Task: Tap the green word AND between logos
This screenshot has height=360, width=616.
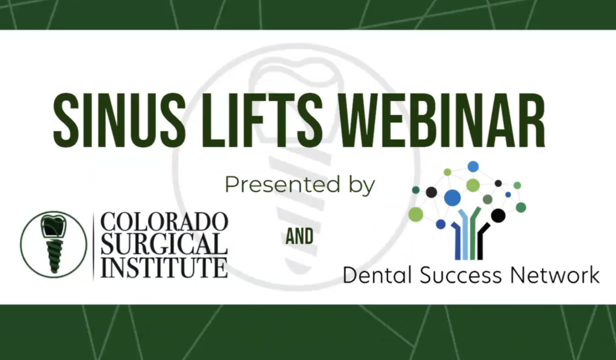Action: [300, 237]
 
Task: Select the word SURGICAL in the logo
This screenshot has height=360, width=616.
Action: [164, 244]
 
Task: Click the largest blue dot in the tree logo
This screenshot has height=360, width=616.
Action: [452, 197]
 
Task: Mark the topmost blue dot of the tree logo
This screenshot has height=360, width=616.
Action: [473, 166]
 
